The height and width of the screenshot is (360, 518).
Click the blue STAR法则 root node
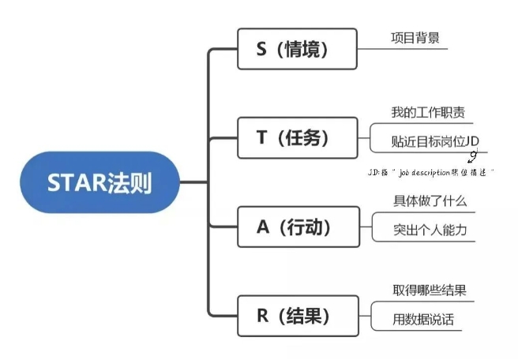click(99, 182)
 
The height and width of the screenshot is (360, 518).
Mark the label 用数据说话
click(423, 320)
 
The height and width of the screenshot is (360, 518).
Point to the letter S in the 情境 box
click(262, 49)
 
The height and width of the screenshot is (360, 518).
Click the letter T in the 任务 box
click(262, 137)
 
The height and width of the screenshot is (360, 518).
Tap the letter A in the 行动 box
click(263, 227)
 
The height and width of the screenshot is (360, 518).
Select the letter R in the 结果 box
click(263, 317)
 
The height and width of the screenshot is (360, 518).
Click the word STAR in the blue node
click(76, 182)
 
